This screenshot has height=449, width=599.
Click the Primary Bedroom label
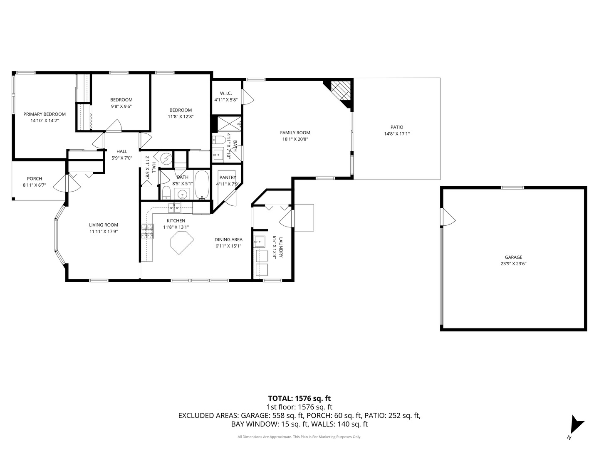45,114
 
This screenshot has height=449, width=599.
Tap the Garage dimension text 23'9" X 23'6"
514,264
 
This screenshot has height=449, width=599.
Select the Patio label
396,127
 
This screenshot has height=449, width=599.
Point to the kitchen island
182,243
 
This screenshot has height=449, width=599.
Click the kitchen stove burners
147,232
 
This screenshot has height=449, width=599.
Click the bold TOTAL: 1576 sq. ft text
299,398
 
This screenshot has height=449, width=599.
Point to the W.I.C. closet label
226,94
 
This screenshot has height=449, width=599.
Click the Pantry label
228,178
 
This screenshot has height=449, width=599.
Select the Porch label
35,179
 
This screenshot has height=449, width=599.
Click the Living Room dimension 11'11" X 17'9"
104,232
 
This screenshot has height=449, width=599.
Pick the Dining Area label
228,239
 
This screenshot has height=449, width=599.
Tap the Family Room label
295,133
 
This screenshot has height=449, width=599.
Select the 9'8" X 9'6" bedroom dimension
121,106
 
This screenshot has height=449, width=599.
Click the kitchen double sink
174,207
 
